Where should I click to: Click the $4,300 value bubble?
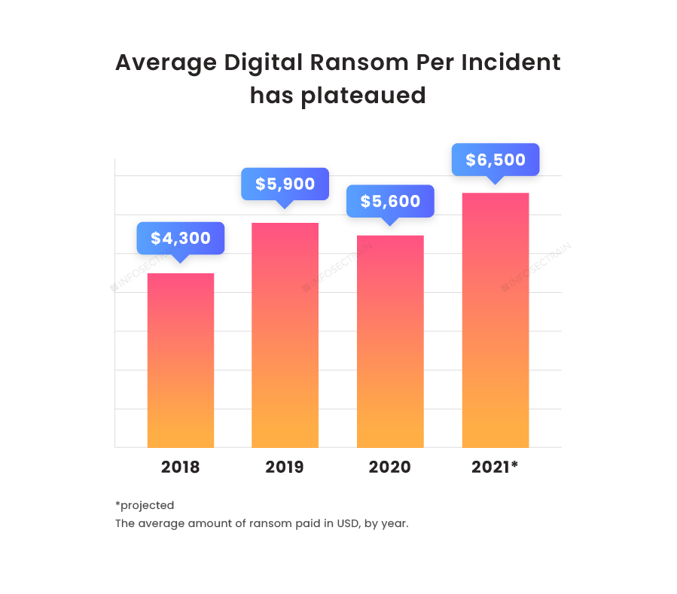coord(181,239)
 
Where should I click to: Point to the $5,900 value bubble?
coord(285,184)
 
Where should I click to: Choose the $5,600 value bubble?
coord(390,201)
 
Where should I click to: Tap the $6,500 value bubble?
coord(495,160)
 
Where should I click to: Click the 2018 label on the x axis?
coord(181,467)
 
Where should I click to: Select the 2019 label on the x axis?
coord(285,467)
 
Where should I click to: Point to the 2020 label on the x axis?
coord(390,467)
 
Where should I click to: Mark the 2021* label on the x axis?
coord(495,467)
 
